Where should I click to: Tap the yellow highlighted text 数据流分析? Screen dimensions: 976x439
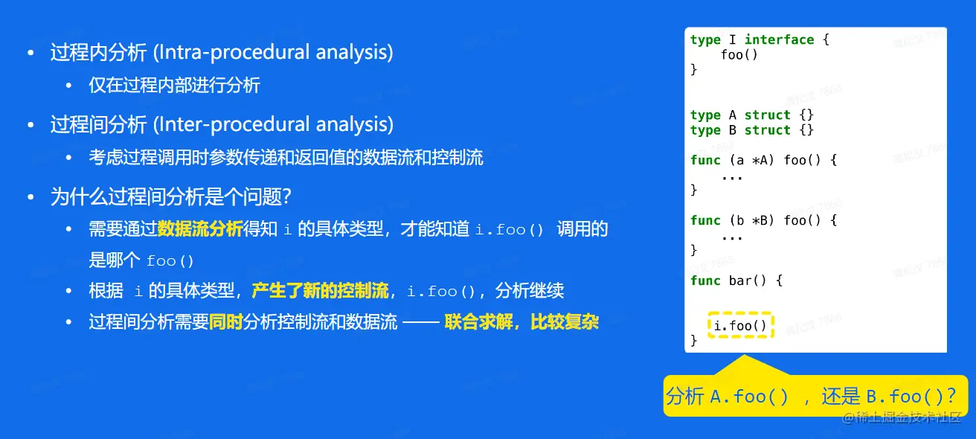pyautogui.click(x=200, y=229)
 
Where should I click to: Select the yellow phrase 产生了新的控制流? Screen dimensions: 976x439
pyautogui.click(x=320, y=291)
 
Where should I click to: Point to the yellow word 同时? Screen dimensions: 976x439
pyautogui.click(x=225, y=322)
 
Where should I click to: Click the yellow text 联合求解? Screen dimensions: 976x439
pyautogui.click(x=478, y=322)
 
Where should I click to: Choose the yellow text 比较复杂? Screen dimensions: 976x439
pyautogui.click(x=565, y=322)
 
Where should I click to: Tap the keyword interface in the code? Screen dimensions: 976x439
pyautogui.click(x=779, y=39)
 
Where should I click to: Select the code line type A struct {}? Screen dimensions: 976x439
pyautogui.click(x=752, y=115)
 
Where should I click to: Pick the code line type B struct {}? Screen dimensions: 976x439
pyautogui.click(x=752, y=130)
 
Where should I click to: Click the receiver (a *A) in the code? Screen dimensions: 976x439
pyautogui.click(x=751, y=161)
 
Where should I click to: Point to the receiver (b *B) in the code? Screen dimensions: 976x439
pyautogui.click(x=751, y=220)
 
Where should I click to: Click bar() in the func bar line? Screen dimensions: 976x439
pyautogui.click(x=748, y=281)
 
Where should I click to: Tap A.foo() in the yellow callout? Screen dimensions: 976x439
pyautogui.click(x=749, y=397)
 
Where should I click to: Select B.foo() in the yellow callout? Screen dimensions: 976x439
pyautogui.click(x=905, y=397)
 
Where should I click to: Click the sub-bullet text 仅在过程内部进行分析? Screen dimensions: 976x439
pyautogui.click(x=174, y=85)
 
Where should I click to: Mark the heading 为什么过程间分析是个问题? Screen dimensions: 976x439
pyautogui.click(x=171, y=196)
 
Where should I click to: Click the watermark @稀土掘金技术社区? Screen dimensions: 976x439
pyautogui.click(x=902, y=417)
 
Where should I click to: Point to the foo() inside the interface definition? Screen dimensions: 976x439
pyautogui.click(x=739, y=55)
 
